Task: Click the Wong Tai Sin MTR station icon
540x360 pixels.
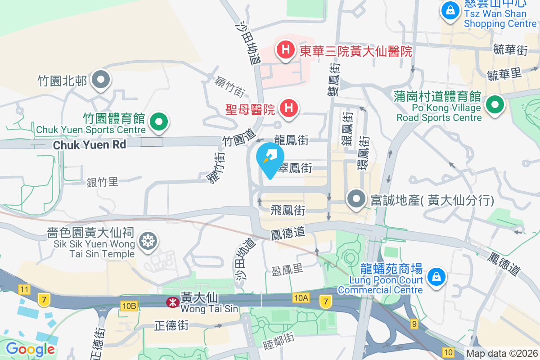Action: coord(172,302)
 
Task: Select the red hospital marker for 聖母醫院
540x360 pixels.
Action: coord(288,108)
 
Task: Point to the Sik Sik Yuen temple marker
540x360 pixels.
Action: coord(147,240)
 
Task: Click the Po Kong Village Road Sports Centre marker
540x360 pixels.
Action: coord(495,104)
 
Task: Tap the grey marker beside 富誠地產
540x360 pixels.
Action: coord(357,198)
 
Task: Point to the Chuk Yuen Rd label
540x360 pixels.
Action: coord(90,145)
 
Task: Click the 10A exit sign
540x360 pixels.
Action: coord(301,297)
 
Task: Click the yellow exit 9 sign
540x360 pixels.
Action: coord(414,324)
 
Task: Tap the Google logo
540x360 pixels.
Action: coord(30,349)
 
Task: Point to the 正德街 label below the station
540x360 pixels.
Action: coord(171,325)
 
